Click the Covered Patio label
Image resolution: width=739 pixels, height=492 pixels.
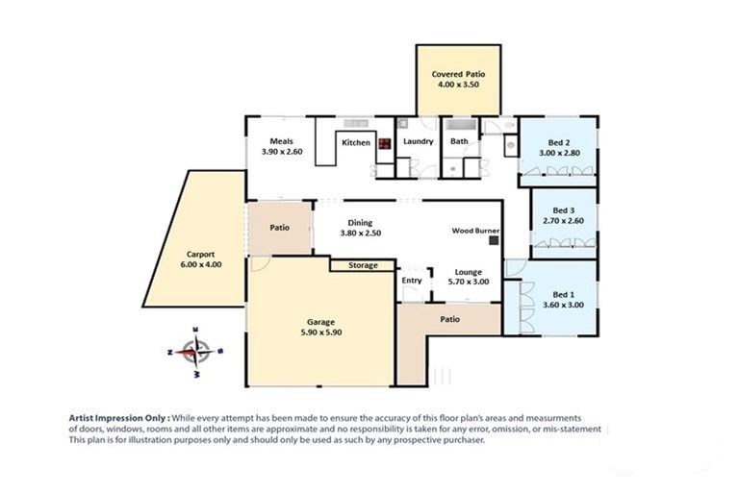tap(458, 74)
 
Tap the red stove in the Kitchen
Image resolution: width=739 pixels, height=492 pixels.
tap(385, 143)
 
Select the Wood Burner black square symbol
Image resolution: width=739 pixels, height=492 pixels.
tap(494, 240)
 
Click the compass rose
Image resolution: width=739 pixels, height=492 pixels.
tap(195, 352)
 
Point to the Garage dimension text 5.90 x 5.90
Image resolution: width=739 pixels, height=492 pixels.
tap(321, 332)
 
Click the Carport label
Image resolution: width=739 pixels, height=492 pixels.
tap(201, 255)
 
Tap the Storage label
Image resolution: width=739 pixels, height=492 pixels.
tap(363, 265)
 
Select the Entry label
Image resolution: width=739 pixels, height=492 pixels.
tap(412, 281)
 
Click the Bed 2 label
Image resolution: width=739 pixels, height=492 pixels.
tap(559, 142)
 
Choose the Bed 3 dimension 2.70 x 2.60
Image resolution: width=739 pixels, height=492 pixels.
tap(563, 221)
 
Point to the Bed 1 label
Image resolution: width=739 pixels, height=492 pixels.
tap(563, 295)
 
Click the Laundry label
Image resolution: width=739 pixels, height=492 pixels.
tap(418, 141)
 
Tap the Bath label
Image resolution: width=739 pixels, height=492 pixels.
tap(459, 141)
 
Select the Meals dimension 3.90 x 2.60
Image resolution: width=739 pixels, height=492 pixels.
tap(282, 152)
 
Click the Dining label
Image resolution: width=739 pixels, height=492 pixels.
tap(360, 223)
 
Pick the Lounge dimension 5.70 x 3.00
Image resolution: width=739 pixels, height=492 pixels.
tap(468, 282)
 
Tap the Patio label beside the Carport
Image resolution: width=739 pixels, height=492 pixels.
tap(279, 228)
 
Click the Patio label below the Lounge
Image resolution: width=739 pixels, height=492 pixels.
tap(449, 319)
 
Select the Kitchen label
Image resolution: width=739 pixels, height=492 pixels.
tap(356, 142)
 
